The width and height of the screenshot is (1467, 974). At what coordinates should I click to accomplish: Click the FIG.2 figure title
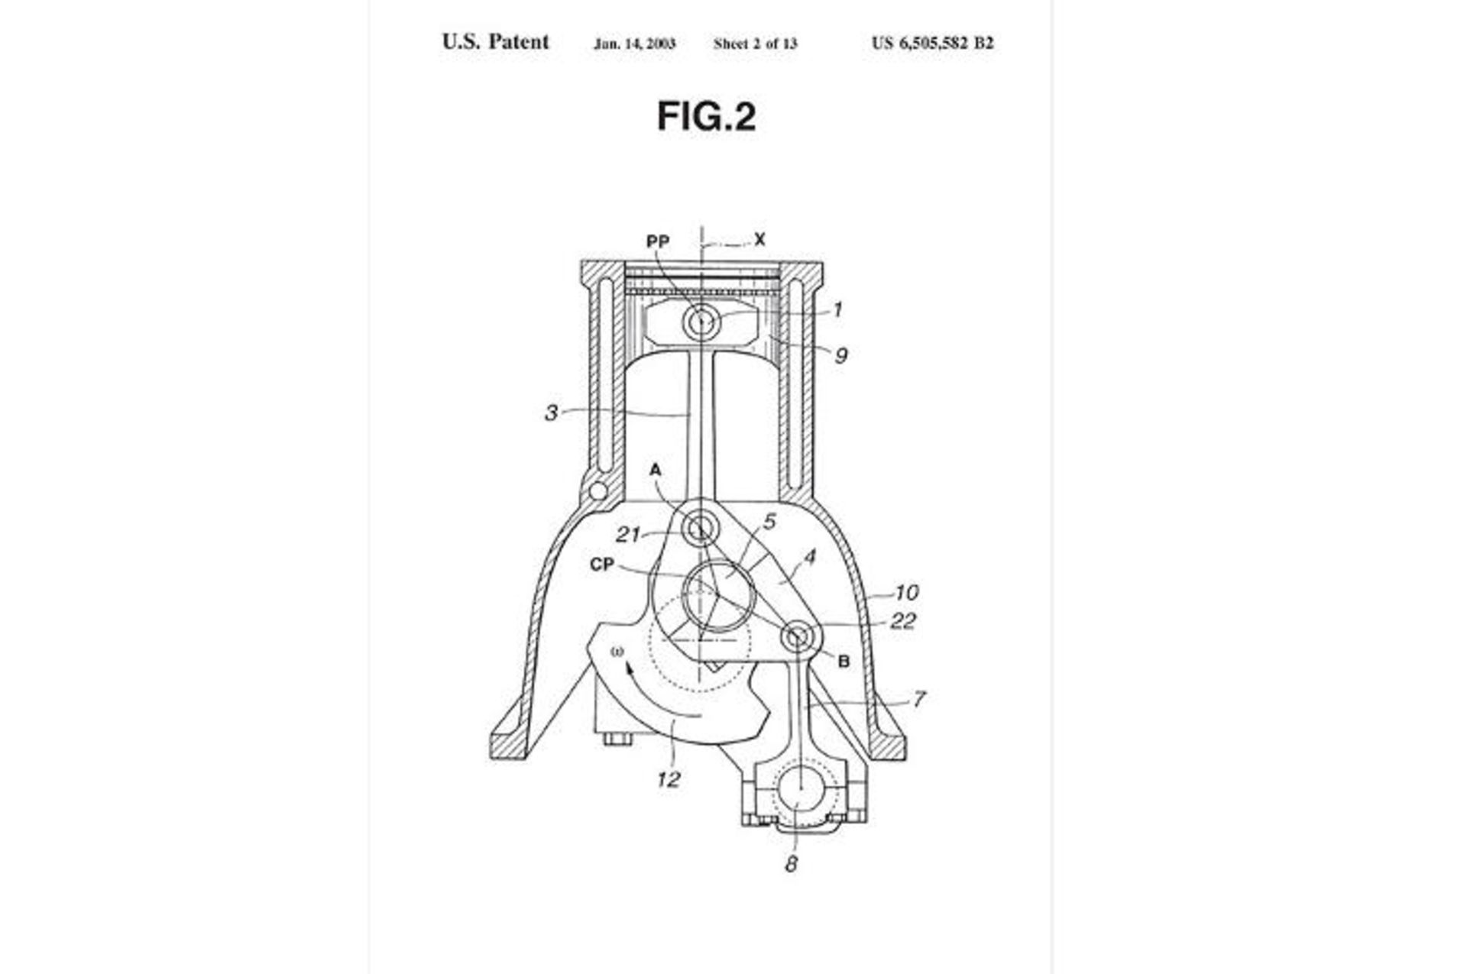tap(706, 117)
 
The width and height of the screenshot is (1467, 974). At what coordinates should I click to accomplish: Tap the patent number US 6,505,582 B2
tap(932, 43)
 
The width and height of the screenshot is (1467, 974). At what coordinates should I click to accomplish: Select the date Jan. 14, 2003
tap(634, 44)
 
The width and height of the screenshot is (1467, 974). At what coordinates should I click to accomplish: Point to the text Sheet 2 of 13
tap(755, 44)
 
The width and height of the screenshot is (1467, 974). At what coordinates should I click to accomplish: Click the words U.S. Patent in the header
tap(495, 42)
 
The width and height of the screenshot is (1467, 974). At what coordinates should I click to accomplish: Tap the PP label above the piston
tap(658, 241)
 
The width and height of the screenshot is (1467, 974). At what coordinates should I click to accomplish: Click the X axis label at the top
tap(759, 240)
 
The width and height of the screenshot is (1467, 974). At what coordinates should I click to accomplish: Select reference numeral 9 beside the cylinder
tap(840, 355)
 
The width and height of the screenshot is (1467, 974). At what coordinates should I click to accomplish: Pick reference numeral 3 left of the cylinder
tap(551, 413)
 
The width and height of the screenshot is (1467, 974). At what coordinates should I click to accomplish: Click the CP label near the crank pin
tap(602, 565)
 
